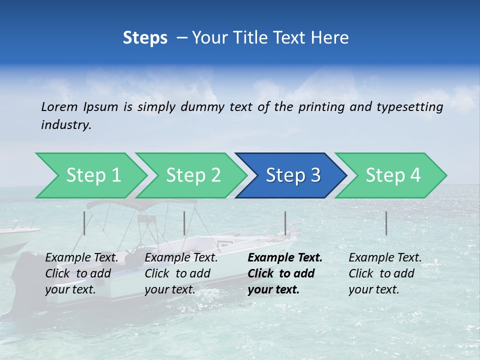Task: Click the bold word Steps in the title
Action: tap(145, 37)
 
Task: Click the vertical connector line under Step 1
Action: tap(84, 223)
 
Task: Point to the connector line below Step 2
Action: tap(184, 223)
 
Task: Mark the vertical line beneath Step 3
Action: tap(285, 223)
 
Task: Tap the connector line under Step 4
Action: tap(386, 223)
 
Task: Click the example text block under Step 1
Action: tap(81, 273)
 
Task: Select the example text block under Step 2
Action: tap(181, 273)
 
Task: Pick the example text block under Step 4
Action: tap(385, 273)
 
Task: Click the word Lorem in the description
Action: tap(59, 107)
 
